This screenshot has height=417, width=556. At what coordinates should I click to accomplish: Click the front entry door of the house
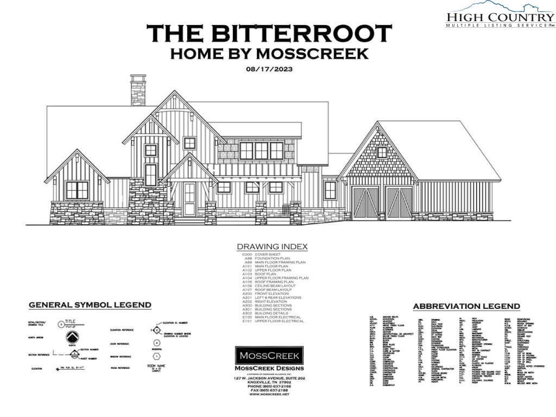[x=189, y=199]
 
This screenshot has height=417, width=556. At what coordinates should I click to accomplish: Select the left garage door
[x=365, y=203]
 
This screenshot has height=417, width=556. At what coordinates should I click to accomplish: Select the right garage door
[x=399, y=203]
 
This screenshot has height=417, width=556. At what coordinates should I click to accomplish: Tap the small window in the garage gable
[x=382, y=152]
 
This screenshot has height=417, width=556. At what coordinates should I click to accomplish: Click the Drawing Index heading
[x=272, y=247]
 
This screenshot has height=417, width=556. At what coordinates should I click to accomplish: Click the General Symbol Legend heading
[x=90, y=305]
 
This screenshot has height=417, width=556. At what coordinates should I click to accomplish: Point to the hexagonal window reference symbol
[x=156, y=356]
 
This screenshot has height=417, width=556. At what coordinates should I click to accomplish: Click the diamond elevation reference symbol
[x=156, y=330]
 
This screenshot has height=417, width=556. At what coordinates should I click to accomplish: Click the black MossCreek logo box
[x=269, y=357]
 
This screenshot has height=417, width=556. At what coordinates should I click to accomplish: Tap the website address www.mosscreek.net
[x=269, y=394]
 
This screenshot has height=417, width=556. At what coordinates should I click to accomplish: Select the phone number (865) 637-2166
[x=269, y=386]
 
